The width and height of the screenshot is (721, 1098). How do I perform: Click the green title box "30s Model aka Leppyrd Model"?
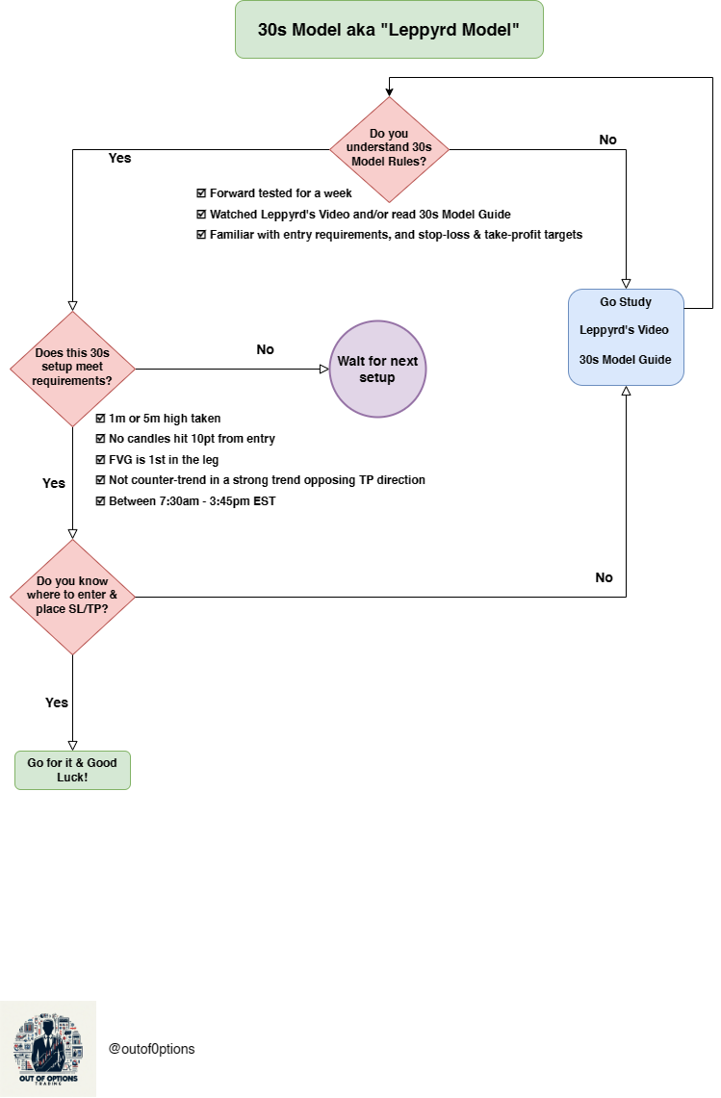(389, 30)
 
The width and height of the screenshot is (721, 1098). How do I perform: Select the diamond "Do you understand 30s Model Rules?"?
(390, 149)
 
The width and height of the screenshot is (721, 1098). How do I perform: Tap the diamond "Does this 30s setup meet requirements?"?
(72, 369)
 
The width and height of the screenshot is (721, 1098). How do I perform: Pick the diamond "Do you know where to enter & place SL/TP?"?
(72, 597)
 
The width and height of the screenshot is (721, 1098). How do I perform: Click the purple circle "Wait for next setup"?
(377, 369)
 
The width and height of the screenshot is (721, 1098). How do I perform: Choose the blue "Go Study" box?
(626, 337)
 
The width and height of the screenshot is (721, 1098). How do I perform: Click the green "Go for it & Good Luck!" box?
(73, 770)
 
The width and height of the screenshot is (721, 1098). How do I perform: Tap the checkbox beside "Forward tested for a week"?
(201, 193)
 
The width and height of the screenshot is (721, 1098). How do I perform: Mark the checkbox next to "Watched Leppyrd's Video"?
(201, 215)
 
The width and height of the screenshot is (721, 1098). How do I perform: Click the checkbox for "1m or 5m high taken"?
(100, 419)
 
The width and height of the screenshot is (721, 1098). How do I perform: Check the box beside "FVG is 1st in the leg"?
(100, 460)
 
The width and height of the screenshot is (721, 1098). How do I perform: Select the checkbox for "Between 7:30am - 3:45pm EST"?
(100, 501)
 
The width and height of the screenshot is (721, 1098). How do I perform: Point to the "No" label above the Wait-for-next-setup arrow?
(265, 349)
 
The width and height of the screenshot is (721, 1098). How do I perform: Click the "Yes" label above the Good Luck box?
(57, 702)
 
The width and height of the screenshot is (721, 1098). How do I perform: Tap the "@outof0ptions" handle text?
(151, 1049)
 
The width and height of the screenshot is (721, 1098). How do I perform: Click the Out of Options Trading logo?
(48, 1048)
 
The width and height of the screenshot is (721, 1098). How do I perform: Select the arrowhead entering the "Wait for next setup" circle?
(324, 369)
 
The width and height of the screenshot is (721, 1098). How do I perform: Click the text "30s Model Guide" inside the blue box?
(625, 360)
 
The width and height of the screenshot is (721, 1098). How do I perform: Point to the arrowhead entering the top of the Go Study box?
(626, 284)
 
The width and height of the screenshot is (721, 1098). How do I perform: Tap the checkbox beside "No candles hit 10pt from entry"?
(100, 439)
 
